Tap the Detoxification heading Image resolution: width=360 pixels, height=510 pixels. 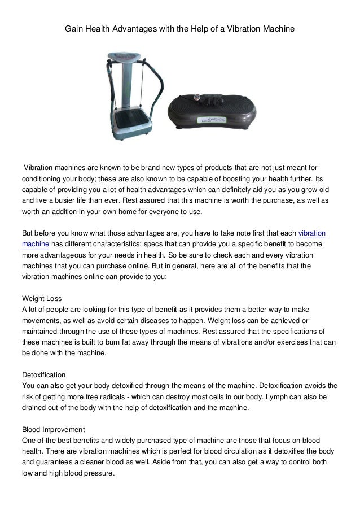pos(43,374)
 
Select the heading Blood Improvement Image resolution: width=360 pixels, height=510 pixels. pos(53,429)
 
